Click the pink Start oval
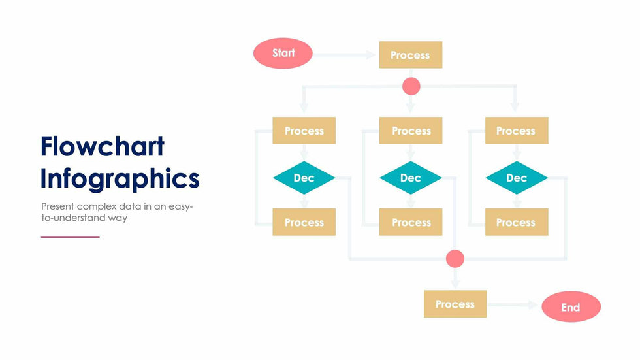(283, 54)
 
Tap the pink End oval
(571, 307)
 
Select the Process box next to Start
(410, 55)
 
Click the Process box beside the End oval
(455, 304)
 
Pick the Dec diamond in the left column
(304, 178)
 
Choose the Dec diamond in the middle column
(410, 178)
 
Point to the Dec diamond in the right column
(516, 178)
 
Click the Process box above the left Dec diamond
(304, 131)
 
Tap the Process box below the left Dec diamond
(304, 222)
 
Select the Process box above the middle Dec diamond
(411, 131)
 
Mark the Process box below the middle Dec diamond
(411, 222)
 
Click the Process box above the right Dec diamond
(516, 131)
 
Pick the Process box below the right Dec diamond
(516, 222)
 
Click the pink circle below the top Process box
(411, 86)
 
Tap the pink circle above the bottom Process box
(455, 259)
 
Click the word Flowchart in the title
(102, 146)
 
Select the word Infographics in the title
(120, 178)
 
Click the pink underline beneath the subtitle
(70, 237)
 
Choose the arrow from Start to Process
(346, 55)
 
